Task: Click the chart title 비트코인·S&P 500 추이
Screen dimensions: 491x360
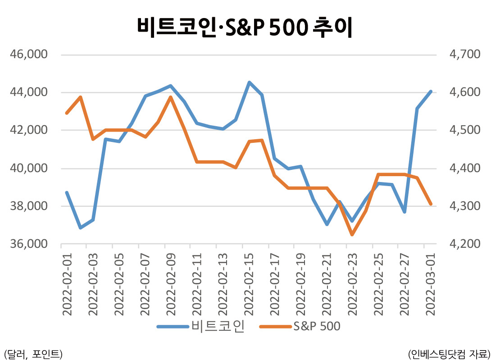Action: coord(245,27)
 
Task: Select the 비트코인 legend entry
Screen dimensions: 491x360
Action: coord(201,326)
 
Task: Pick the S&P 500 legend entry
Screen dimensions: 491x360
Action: coord(300,326)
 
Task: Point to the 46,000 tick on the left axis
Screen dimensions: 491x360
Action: coord(29,54)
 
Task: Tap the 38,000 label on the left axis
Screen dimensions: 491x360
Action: coord(29,206)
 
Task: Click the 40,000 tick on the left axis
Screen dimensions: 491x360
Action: coord(29,168)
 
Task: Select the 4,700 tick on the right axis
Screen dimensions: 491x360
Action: coord(465,54)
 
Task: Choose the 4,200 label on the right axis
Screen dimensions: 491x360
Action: coord(465,243)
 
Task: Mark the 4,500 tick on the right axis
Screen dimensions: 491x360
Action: coord(465,130)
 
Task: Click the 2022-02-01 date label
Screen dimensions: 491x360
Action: coord(67,284)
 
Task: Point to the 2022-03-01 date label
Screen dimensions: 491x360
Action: coord(431,284)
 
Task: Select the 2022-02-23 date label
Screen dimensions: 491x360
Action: coord(353,284)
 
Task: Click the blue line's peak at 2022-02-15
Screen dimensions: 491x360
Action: coord(249,82)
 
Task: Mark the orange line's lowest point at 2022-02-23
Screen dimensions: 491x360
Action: coord(352,234)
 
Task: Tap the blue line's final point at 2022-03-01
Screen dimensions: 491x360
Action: coord(431,91)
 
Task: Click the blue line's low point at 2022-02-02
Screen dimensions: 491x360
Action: coord(80,228)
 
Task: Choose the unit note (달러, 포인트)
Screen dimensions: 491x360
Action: coord(33,354)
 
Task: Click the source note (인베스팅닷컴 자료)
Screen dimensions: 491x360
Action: coord(449,354)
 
